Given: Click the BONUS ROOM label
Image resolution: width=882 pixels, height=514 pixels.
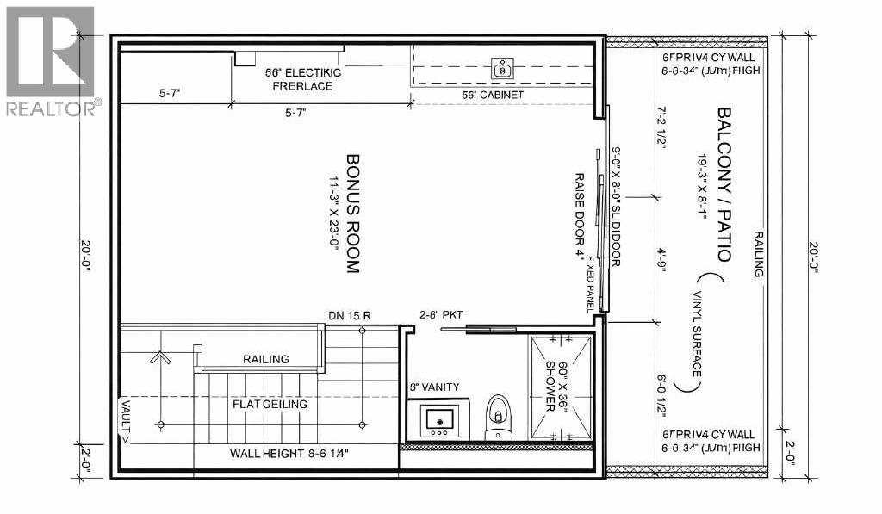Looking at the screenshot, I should coord(351,214).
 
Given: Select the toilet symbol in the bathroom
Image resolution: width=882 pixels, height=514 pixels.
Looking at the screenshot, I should coord(499,418).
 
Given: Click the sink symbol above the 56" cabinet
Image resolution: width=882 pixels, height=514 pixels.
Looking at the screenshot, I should coord(501,66).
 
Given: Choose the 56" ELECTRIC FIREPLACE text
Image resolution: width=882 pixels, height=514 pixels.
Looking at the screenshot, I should coord(302,79).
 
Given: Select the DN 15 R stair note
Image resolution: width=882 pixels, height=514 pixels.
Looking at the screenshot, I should coord(350,316).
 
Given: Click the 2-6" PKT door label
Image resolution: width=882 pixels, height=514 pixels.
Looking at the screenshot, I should coord(441,315).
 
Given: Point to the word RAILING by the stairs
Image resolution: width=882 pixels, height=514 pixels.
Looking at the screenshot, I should coord(265,359).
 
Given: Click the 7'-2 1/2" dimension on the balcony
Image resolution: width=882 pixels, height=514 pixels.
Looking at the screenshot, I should coord(661,128).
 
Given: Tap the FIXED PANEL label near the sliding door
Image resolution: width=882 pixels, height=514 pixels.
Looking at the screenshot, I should coord(591,283).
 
